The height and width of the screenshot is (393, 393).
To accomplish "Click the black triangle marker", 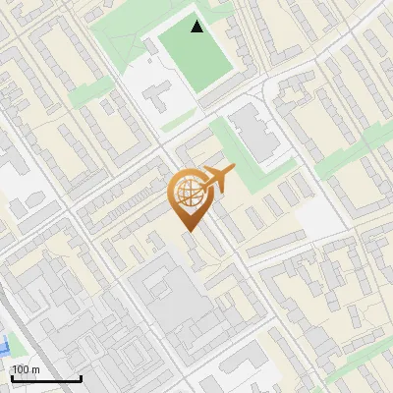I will (197, 27).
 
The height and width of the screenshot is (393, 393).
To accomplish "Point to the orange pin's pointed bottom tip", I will (187, 230).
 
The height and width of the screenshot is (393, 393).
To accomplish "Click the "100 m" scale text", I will (26, 369).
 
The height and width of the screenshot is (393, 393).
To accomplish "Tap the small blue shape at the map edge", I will (5, 346).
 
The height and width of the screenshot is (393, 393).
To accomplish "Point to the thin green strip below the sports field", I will (177, 121).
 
